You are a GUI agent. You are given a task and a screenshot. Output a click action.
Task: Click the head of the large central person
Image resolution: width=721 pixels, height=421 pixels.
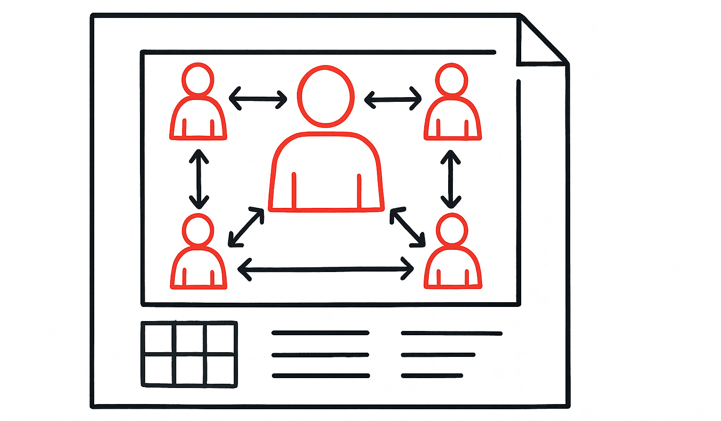(325, 96)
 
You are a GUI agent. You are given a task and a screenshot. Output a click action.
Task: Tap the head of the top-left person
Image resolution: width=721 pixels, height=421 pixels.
(198, 79)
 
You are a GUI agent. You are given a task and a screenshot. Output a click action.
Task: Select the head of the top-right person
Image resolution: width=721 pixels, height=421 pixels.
(452, 79)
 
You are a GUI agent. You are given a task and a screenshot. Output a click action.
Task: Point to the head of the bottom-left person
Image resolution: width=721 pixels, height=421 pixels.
(198, 230)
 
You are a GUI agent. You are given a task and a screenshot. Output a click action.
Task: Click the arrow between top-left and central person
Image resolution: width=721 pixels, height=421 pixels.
(258, 99)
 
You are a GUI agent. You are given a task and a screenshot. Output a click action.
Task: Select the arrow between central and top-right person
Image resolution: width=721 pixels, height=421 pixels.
(393, 99)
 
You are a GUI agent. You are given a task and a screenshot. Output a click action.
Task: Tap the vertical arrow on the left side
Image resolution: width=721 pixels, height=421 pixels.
(199, 179)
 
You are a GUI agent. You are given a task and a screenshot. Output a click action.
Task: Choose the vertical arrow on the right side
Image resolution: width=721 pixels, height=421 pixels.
(451, 179)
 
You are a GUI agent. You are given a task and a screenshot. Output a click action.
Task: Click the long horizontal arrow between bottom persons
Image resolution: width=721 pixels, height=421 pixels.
(326, 269)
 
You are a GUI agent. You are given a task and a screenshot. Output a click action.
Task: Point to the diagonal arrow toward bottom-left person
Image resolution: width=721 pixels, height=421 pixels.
(246, 227)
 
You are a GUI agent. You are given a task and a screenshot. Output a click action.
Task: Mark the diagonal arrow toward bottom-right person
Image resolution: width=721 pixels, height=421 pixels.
(408, 227)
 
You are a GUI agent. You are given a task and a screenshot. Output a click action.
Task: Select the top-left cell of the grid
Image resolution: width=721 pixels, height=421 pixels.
(159, 338)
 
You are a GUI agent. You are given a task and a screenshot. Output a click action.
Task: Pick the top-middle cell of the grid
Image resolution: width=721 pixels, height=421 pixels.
(190, 338)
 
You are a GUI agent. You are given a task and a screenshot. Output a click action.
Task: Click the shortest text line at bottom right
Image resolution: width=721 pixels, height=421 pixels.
(432, 376)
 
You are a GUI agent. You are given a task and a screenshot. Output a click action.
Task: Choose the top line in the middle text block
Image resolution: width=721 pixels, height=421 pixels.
(320, 333)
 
